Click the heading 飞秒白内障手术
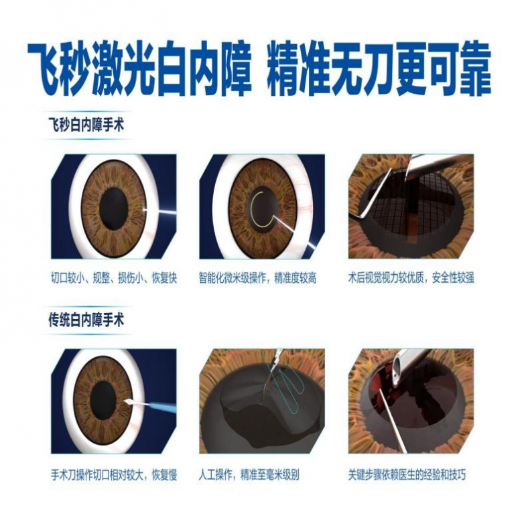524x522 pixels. [86, 125]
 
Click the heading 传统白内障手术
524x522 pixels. [86, 320]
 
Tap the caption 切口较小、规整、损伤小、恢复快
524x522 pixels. [114, 278]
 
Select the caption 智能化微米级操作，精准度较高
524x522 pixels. [257, 278]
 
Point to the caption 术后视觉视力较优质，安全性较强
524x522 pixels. [411, 278]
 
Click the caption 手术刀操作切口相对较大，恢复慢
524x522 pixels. [114, 474]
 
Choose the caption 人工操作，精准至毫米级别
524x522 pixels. [249, 474]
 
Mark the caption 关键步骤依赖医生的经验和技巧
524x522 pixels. [407, 474]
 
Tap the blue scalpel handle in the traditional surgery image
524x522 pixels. [163, 407]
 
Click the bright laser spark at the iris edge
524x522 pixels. [144, 210]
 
